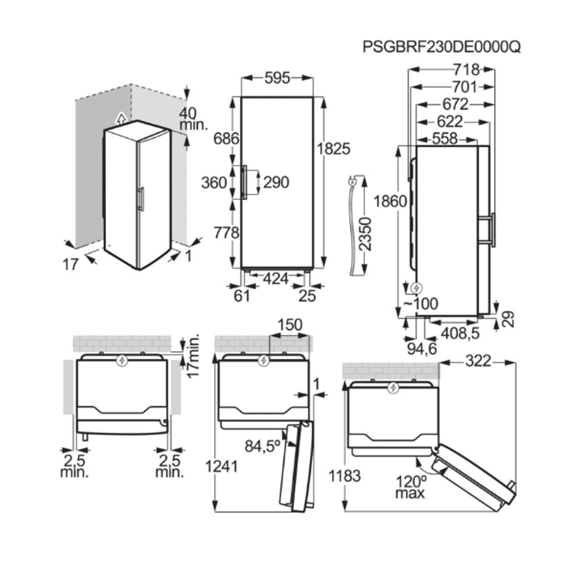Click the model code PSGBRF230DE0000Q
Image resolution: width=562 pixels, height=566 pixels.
click(441, 46)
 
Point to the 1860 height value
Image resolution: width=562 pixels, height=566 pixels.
click(389, 201)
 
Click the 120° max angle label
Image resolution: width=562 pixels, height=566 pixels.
click(411, 486)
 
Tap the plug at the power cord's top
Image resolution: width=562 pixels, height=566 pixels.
click(351, 182)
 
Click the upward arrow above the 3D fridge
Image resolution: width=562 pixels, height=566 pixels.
click(119, 118)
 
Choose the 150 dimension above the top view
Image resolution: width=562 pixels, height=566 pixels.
click(289, 325)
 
